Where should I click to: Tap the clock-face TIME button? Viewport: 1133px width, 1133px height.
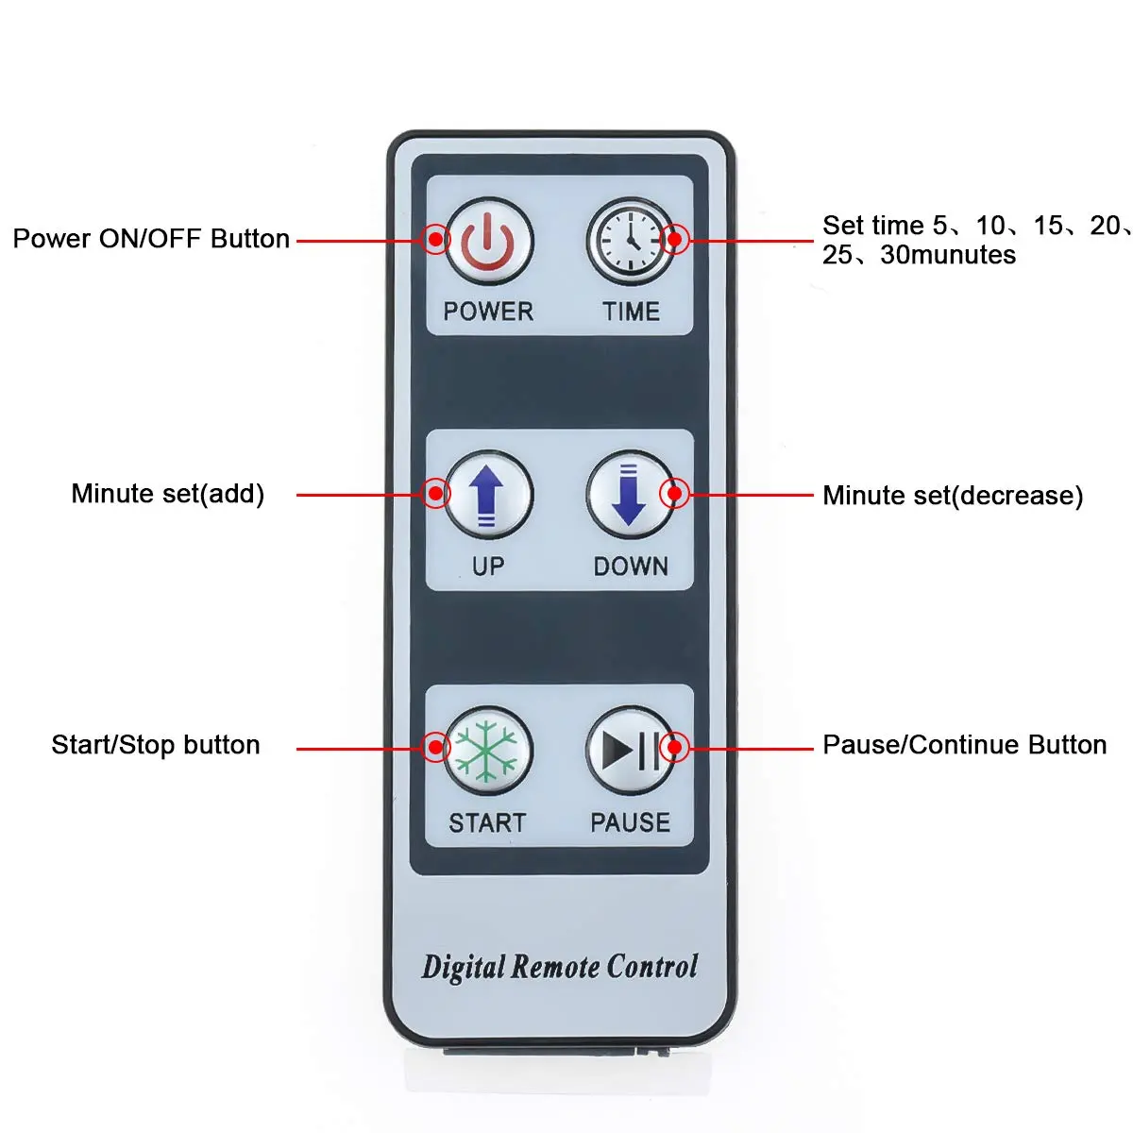[630, 241]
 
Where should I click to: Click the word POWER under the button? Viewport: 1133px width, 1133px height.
[488, 312]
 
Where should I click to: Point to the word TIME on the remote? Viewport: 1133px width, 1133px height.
[631, 312]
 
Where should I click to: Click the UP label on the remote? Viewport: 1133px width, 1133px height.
[487, 566]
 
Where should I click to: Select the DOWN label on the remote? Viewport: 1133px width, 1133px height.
[631, 566]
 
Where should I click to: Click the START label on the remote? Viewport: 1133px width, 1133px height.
[487, 823]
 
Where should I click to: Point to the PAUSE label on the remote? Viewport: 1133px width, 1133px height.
[630, 823]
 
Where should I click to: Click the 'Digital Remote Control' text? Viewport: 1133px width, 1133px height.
[560, 967]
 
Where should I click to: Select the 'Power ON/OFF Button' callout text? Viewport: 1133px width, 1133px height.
[151, 239]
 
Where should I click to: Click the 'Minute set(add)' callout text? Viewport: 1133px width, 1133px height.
[168, 494]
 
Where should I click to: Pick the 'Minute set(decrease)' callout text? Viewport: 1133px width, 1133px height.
[953, 496]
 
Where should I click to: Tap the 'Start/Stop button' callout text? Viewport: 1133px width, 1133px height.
[156, 745]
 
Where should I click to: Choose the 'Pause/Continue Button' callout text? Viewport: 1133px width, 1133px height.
[964, 745]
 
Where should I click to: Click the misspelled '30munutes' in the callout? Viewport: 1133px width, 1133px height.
[948, 255]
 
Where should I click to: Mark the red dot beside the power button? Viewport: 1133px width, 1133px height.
[434, 239]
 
